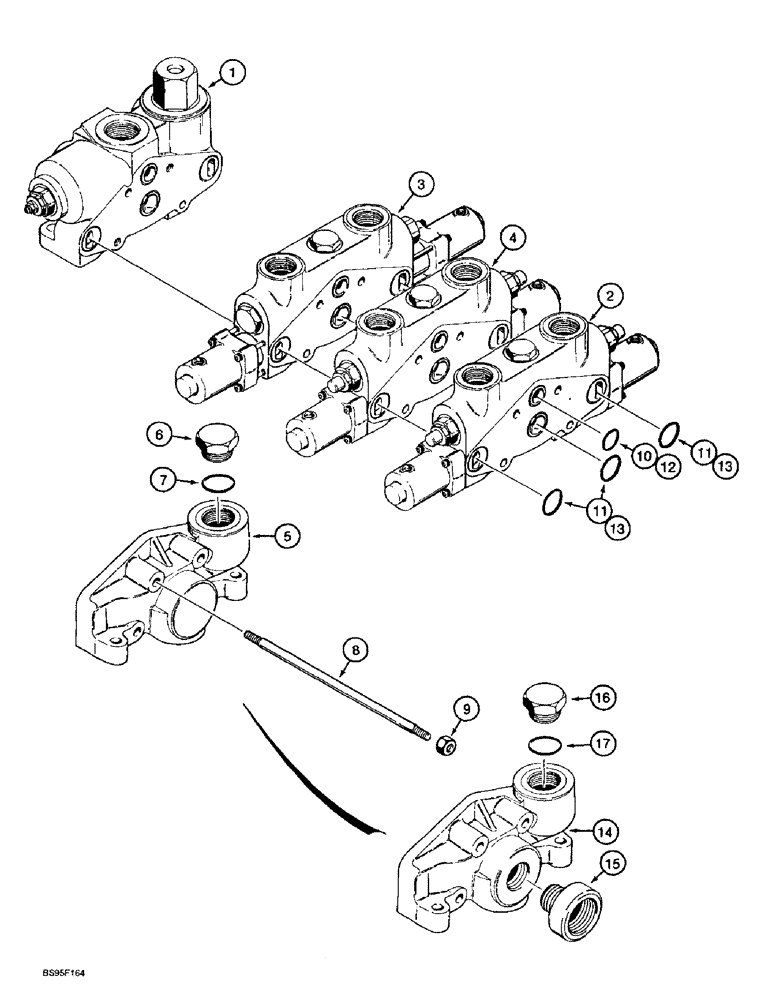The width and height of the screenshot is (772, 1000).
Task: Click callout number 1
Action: [231, 72]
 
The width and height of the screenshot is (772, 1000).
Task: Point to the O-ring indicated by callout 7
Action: [220, 484]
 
